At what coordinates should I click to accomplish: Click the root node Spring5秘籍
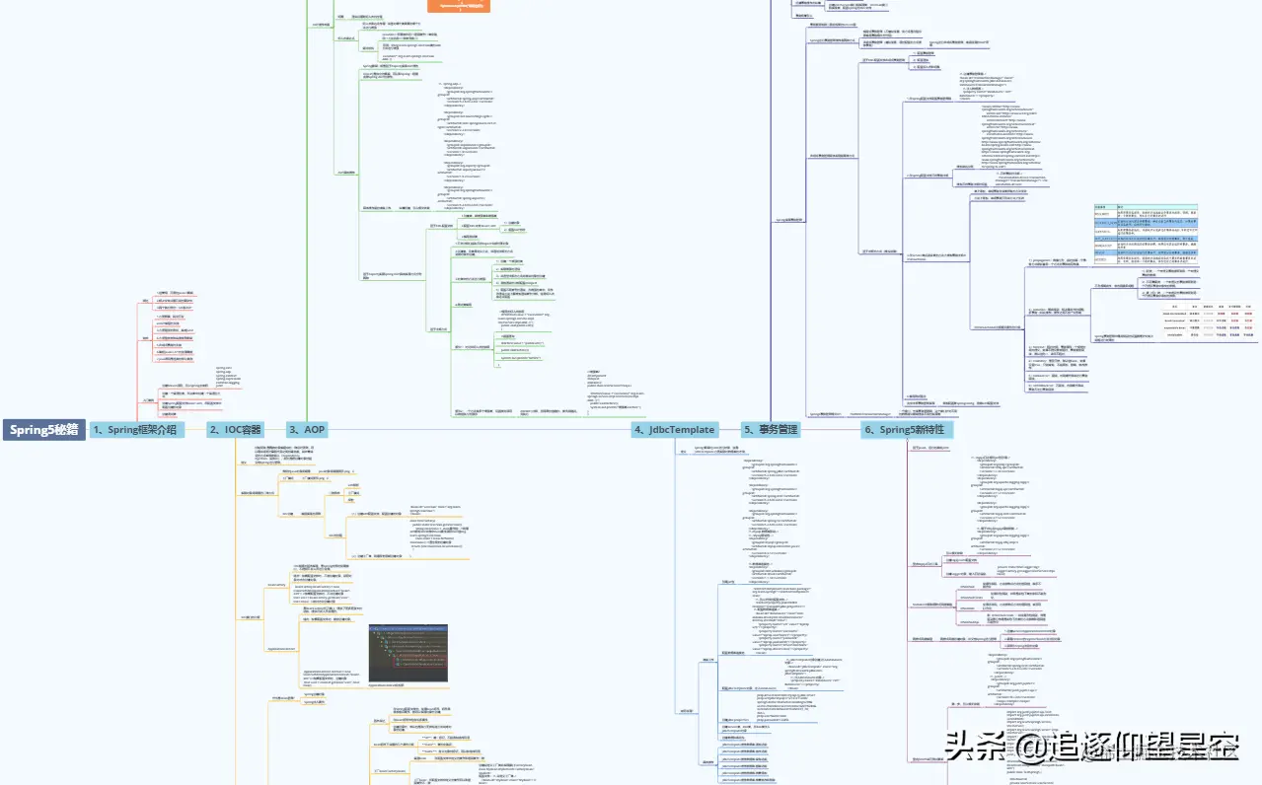coord(43,430)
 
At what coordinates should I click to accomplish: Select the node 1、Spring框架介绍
coord(137,430)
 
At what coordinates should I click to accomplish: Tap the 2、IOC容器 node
coord(235,430)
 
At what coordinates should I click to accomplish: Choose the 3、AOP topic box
coord(307,430)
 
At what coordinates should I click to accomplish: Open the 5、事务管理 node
coord(771,430)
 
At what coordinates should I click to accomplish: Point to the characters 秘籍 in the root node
coord(64,430)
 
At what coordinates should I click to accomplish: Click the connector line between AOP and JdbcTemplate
coord(474,430)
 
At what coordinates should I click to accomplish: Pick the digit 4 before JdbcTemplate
coord(639,430)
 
